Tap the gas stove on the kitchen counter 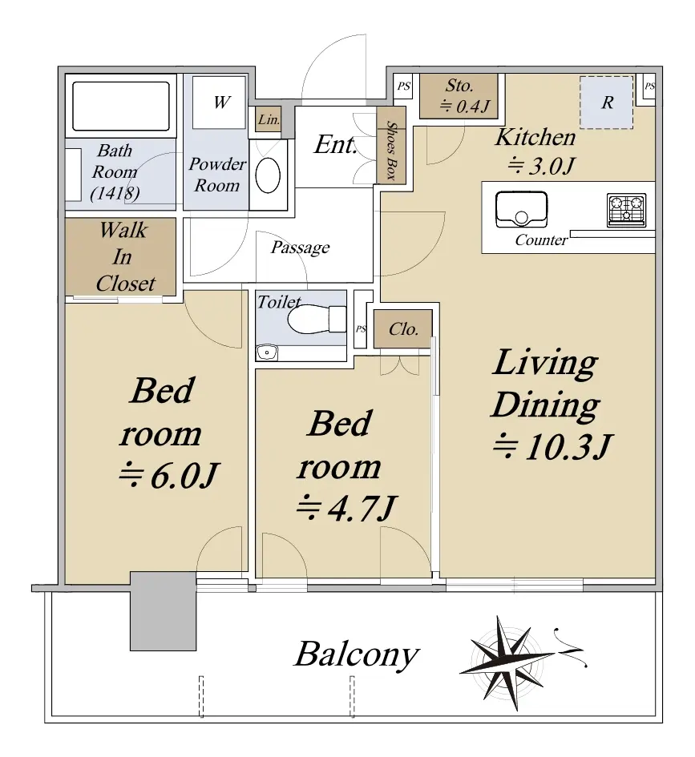(626, 210)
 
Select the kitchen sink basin (521, 210)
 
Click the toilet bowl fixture (317, 319)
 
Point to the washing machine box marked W (219, 103)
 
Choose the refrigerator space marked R (607, 103)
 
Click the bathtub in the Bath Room (121, 107)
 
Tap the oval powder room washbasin (268, 175)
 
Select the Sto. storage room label (459, 86)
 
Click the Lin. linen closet (268, 119)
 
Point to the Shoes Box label (390, 150)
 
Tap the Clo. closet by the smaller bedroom (402, 329)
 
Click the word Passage (301, 248)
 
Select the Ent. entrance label (336, 144)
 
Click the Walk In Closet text (124, 257)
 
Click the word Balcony (357, 655)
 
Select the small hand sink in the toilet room (267, 353)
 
